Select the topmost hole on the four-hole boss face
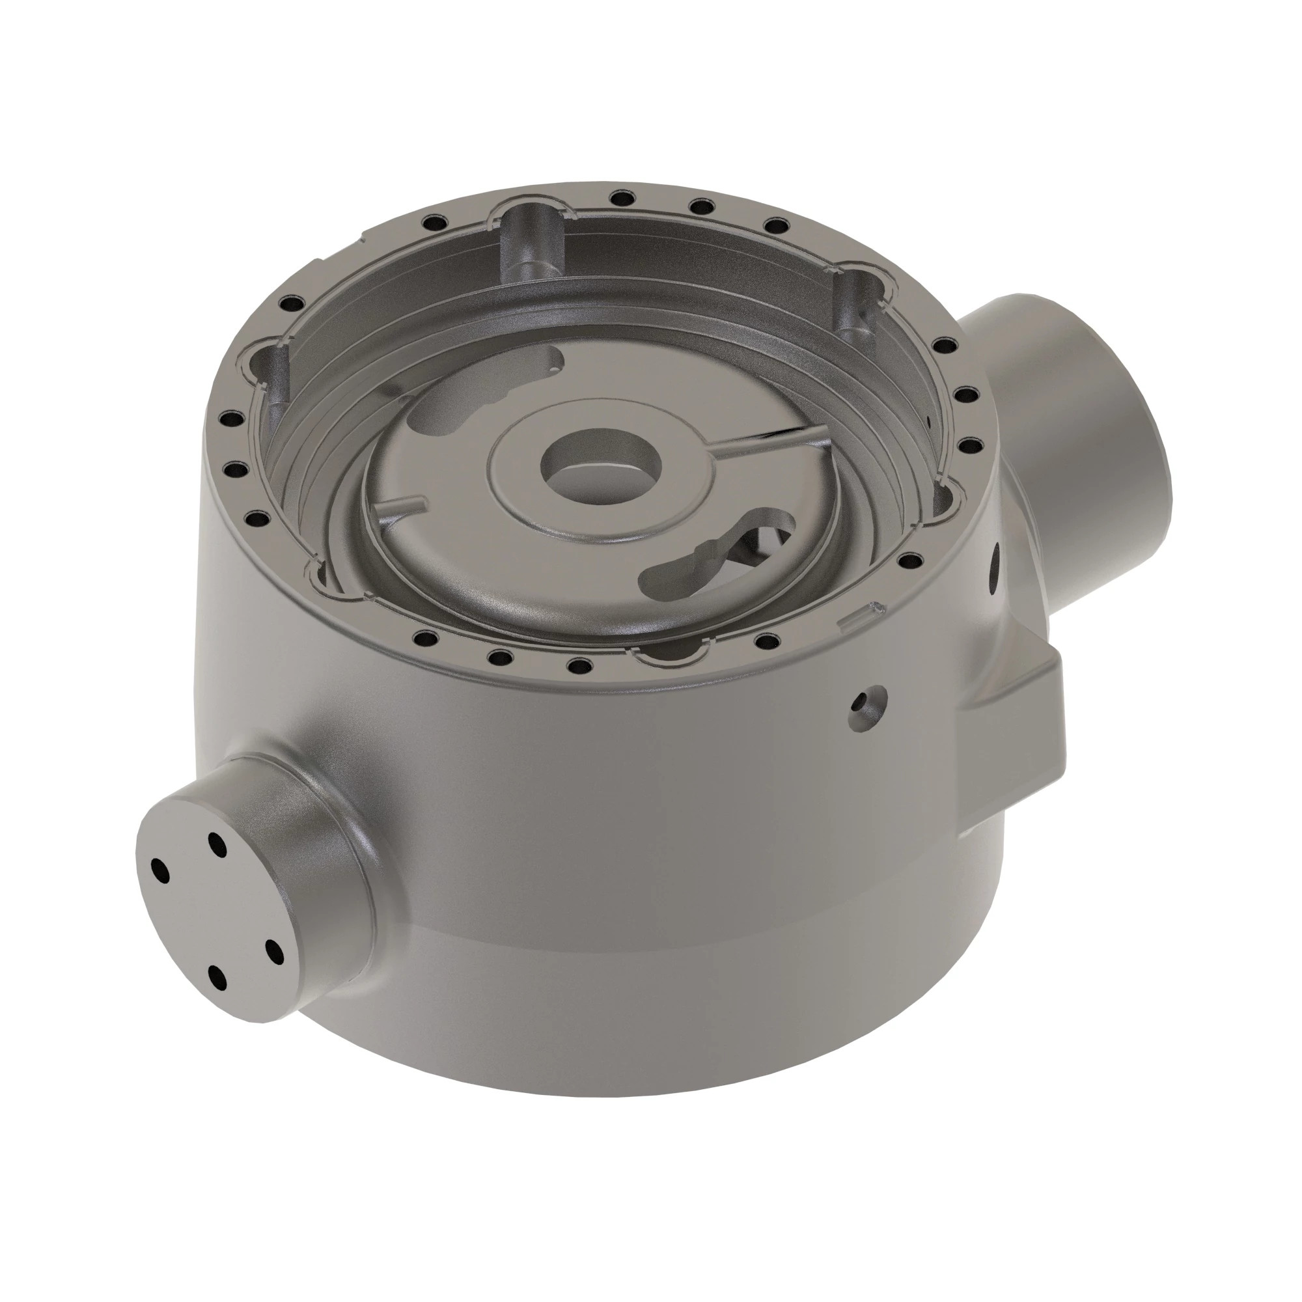[216, 842]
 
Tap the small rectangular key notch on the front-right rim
[863, 613]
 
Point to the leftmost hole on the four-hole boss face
[159, 868]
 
